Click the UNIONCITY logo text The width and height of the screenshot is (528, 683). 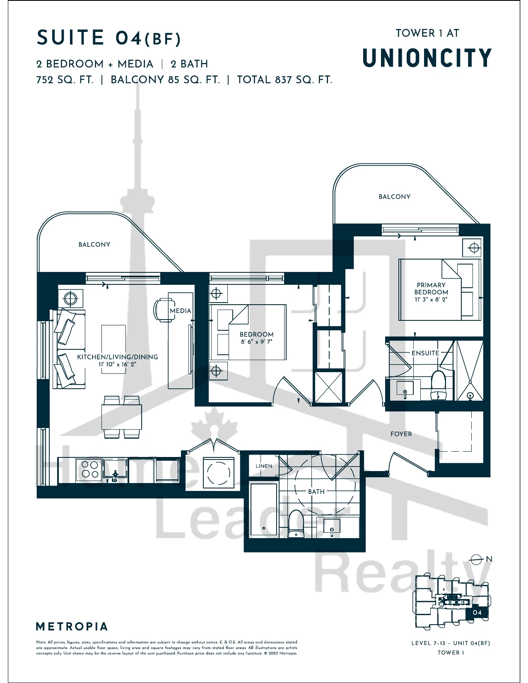point(427,58)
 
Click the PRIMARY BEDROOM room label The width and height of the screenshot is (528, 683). point(431,289)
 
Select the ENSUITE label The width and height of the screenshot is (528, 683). point(425,353)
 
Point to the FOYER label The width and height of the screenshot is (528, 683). point(401,434)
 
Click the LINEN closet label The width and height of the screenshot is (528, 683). point(264,466)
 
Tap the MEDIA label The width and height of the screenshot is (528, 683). point(181,310)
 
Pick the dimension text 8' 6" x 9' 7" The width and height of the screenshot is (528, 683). point(256,341)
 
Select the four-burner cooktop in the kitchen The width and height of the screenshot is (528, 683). point(89,469)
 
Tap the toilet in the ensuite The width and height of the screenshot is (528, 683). point(439,385)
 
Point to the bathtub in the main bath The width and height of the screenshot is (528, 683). point(264,510)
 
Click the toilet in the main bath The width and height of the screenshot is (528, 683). point(295,524)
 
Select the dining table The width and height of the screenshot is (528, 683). point(121,417)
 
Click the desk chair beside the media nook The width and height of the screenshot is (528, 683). point(163,310)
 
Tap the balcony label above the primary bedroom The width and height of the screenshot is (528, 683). point(394,197)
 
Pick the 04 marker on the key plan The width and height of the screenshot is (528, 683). point(477,612)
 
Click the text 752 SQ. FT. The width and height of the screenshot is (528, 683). point(65,80)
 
